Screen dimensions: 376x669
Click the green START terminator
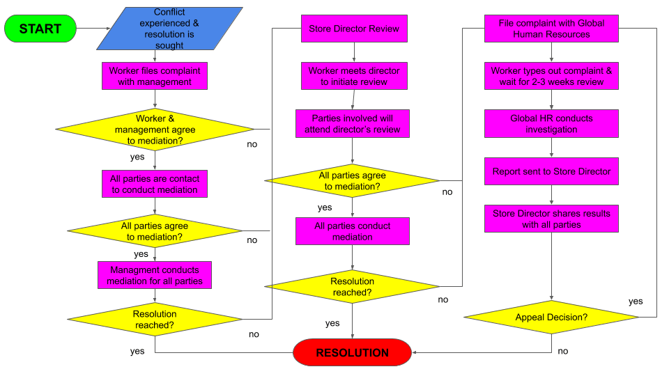click(x=40, y=29)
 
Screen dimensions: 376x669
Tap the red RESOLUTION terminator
click(x=352, y=352)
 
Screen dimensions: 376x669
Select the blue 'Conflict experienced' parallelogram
click(x=169, y=29)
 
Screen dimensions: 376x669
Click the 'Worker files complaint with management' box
click(x=154, y=76)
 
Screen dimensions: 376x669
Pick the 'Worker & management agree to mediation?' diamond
click(x=155, y=130)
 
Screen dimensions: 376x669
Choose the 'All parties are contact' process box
click(x=154, y=184)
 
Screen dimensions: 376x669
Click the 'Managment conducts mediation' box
click(x=154, y=275)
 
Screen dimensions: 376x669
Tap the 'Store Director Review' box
click(x=353, y=29)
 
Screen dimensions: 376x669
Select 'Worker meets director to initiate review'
click(x=353, y=76)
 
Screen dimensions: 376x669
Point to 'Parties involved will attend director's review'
click(x=352, y=124)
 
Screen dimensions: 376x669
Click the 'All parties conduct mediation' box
click(x=352, y=231)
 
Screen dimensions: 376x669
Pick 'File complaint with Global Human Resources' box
click(x=551, y=29)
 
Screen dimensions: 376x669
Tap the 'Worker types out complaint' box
click(x=551, y=76)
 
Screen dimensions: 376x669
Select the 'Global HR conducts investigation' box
click(x=551, y=124)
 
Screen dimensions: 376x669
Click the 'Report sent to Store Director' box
click(x=551, y=171)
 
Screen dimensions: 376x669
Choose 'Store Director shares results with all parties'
click(x=551, y=219)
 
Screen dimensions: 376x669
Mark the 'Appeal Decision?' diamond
click(x=551, y=318)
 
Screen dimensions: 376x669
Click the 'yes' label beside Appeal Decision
click(x=636, y=301)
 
